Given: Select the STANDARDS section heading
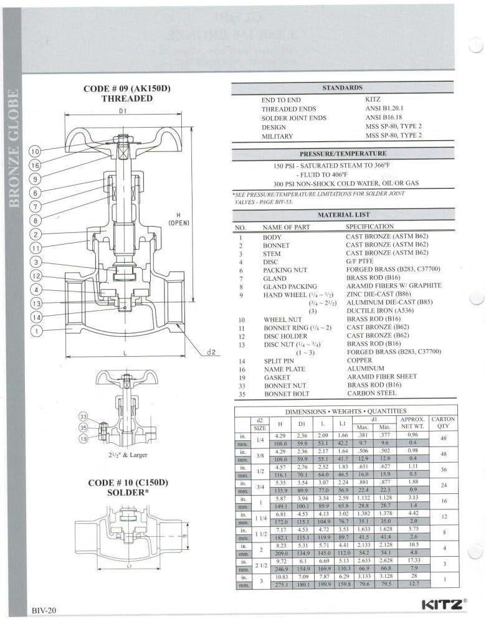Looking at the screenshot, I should [343, 88].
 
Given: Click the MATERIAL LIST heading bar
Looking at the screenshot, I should [343, 214].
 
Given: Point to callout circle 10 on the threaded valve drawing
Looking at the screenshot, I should [35, 151].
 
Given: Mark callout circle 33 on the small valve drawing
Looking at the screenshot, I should [83, 415].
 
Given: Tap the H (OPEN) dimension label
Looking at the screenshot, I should [179, 219].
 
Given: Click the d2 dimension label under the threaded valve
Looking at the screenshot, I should [211, 352].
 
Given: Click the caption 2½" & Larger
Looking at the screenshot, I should [126, 455].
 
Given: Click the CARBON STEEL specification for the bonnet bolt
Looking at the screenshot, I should [371, 393].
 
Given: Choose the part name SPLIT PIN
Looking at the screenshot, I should [279, 361].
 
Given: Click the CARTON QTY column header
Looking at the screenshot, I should [443, 423].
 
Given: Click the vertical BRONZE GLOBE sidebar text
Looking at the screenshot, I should [13, 146].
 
